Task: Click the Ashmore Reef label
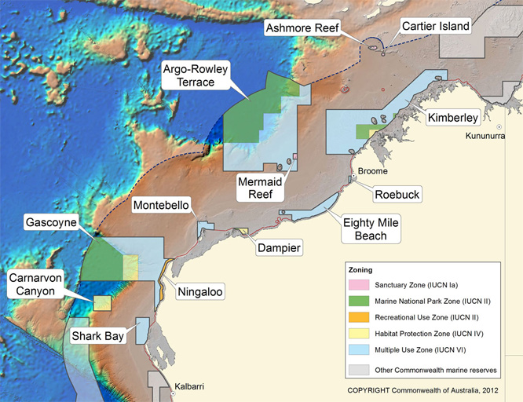tap(302, 27)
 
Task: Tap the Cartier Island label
tap(435, 27)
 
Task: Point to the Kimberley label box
tap(453, 119)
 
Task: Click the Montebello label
tap(161, 206)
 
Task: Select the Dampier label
tap(279, 248)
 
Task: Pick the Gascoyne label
tap(50, 222)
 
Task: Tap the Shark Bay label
tap(98, 336)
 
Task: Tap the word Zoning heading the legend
tap(360, 268)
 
